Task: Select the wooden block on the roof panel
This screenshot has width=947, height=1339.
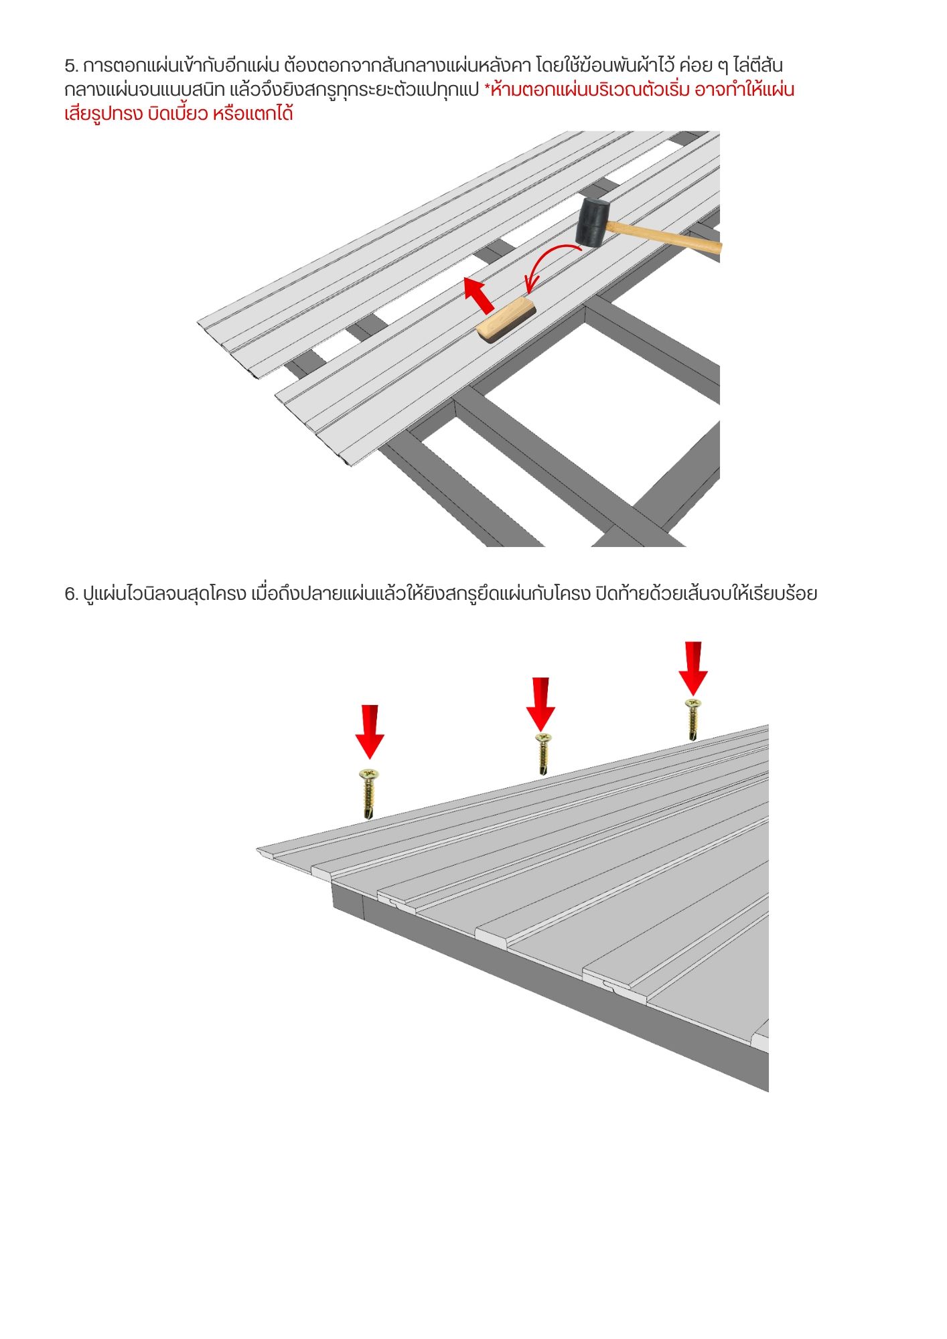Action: pos(506,321)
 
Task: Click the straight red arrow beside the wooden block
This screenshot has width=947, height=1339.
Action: pos(479,297)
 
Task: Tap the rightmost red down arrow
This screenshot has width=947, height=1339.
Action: pos(693,669)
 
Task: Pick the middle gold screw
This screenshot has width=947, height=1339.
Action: pos(543,754)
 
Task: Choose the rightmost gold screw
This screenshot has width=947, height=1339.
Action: pos(693,719)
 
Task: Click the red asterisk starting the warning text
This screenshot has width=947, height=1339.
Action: pos(487,88)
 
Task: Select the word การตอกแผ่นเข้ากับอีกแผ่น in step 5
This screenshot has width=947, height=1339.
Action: pos(181,66)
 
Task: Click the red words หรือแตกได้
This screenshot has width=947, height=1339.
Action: pos(252,113)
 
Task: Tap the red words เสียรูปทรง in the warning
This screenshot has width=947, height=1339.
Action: pos(103,114)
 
